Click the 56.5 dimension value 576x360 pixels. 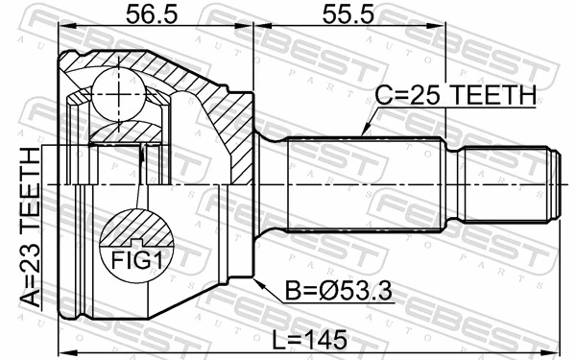coord(152,15)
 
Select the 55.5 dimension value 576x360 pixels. coord(348,15)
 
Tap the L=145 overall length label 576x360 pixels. coord(309,339)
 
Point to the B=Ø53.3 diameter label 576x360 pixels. coord(338,291)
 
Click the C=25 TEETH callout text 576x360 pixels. coord(455,95)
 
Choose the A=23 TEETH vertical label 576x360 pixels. coord(30,227)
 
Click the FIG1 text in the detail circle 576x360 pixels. coord(136,260)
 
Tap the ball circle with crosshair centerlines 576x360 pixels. coord(118,94)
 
